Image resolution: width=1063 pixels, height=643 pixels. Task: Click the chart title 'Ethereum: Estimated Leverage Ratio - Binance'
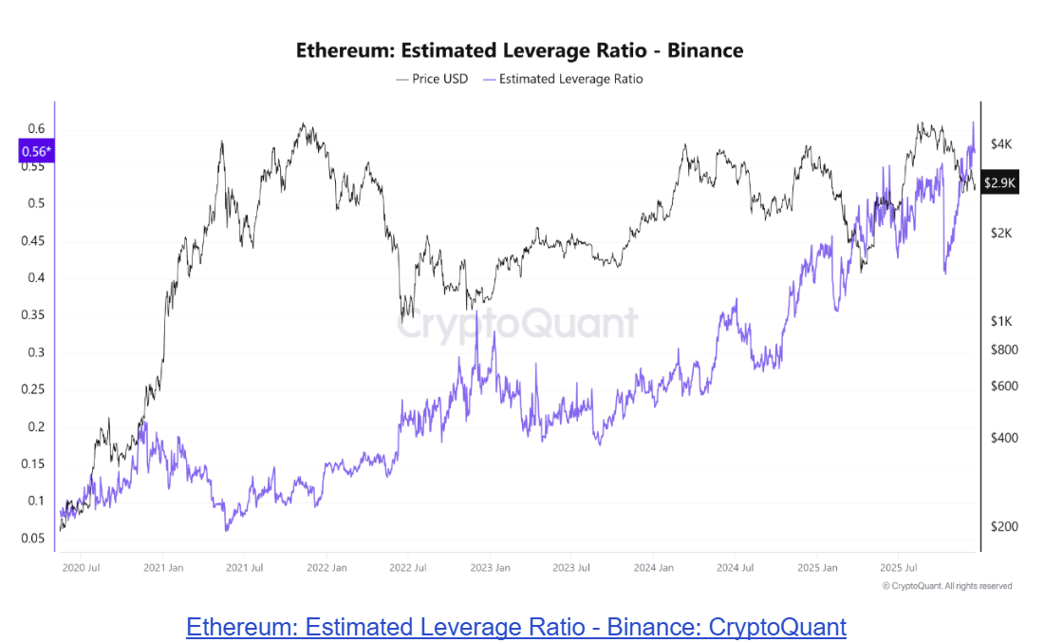[x=519, y=50]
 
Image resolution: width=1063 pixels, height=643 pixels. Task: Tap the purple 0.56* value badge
[x=36, y=151]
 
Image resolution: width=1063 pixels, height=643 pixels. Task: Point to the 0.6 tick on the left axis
[x=36, y=129]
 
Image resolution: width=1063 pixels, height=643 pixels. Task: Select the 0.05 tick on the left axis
[x=33, y=539]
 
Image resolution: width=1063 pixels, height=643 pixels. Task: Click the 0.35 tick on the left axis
[x=33, y=315]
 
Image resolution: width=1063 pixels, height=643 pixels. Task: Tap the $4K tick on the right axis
[x=1001, y=144]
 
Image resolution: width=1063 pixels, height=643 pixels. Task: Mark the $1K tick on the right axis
[x=1001, y=322]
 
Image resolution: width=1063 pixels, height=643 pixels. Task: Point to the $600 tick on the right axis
[x=1003, y=386]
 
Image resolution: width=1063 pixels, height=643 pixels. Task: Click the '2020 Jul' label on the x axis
[x=80, y=568]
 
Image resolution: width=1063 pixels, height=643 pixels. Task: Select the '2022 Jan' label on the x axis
[x=326, y=568]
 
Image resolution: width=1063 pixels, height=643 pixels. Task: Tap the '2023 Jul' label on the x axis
[x=571, y=568]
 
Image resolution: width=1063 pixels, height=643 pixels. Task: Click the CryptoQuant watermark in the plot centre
[x=517, y=323]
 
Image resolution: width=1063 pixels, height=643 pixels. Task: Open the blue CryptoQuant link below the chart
[x=516, y=627]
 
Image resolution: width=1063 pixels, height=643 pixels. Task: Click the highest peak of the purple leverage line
[x=973, y=123]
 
